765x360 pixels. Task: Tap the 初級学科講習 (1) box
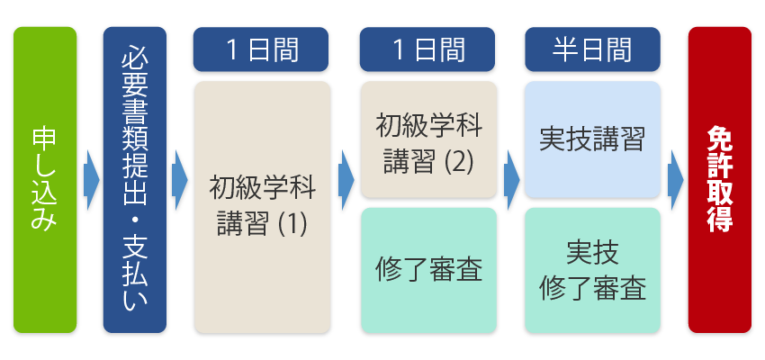coord(262,207)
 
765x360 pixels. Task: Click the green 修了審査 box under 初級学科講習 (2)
coord(427,269)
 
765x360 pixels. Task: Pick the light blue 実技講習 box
coord(592,139)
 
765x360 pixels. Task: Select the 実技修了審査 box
coord(592,269)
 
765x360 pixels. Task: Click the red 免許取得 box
coord(719,179)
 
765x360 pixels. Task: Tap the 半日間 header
coord(592,50)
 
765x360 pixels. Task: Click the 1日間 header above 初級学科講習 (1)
coord(262,50)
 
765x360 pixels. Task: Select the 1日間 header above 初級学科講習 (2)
coord(427,50)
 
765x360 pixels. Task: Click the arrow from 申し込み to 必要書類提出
coord(90,179)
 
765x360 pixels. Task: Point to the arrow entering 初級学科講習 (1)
coord(178,179)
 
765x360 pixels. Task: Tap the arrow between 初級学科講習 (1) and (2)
coord(345,179)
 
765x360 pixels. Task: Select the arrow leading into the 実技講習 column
coord(510,179)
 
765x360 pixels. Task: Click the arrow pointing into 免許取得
coord(675,179)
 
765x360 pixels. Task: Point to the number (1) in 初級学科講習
coord(291,223)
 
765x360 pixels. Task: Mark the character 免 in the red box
coord(719,138)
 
